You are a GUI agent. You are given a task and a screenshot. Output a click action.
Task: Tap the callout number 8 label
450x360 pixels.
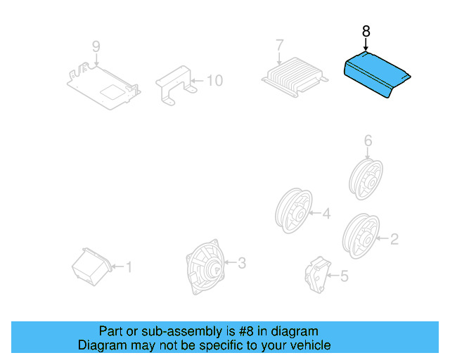365,32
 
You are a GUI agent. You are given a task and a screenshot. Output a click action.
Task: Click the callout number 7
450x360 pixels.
279,45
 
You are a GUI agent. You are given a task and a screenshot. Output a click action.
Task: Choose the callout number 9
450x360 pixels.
96,47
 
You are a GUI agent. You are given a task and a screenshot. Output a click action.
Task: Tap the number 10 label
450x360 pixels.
214,81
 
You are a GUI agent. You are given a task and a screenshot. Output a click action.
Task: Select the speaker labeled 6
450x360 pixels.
366,176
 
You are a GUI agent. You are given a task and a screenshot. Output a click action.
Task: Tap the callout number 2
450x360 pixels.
394,240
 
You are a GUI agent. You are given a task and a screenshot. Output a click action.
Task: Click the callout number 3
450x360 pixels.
241,264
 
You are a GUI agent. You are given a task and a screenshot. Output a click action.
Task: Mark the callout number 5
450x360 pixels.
344,277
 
